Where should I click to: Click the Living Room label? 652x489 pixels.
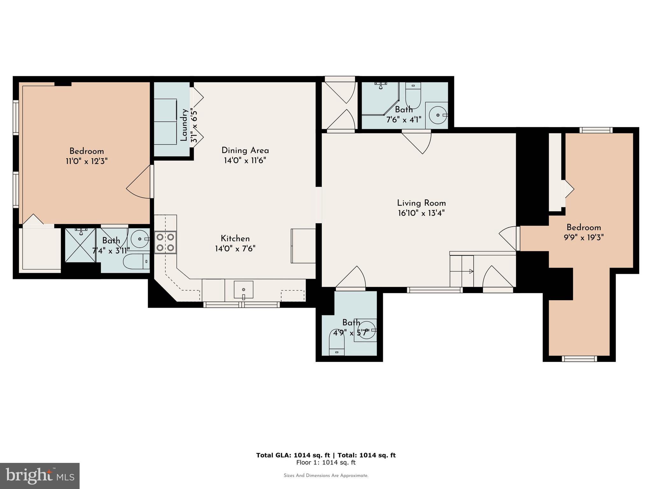pyautogui.click(x=421, y=203)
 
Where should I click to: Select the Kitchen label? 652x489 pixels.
pyautogui.click(x=235, y=238)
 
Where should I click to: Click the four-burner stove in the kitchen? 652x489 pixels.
pyautogui.click(x=166, y=242)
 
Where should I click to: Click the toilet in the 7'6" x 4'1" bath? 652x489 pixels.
pyautogui.click(x=413, y=95)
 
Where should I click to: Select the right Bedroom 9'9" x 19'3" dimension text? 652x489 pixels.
pyautogui.click(x=584, y=237)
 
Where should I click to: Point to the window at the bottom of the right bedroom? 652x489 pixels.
pyautogui.click(x=579, y=359)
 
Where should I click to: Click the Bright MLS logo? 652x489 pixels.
pyautogui.click(x=40, y=476)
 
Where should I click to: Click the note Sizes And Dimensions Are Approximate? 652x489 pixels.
pyautogui.click(x=326, y=476)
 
